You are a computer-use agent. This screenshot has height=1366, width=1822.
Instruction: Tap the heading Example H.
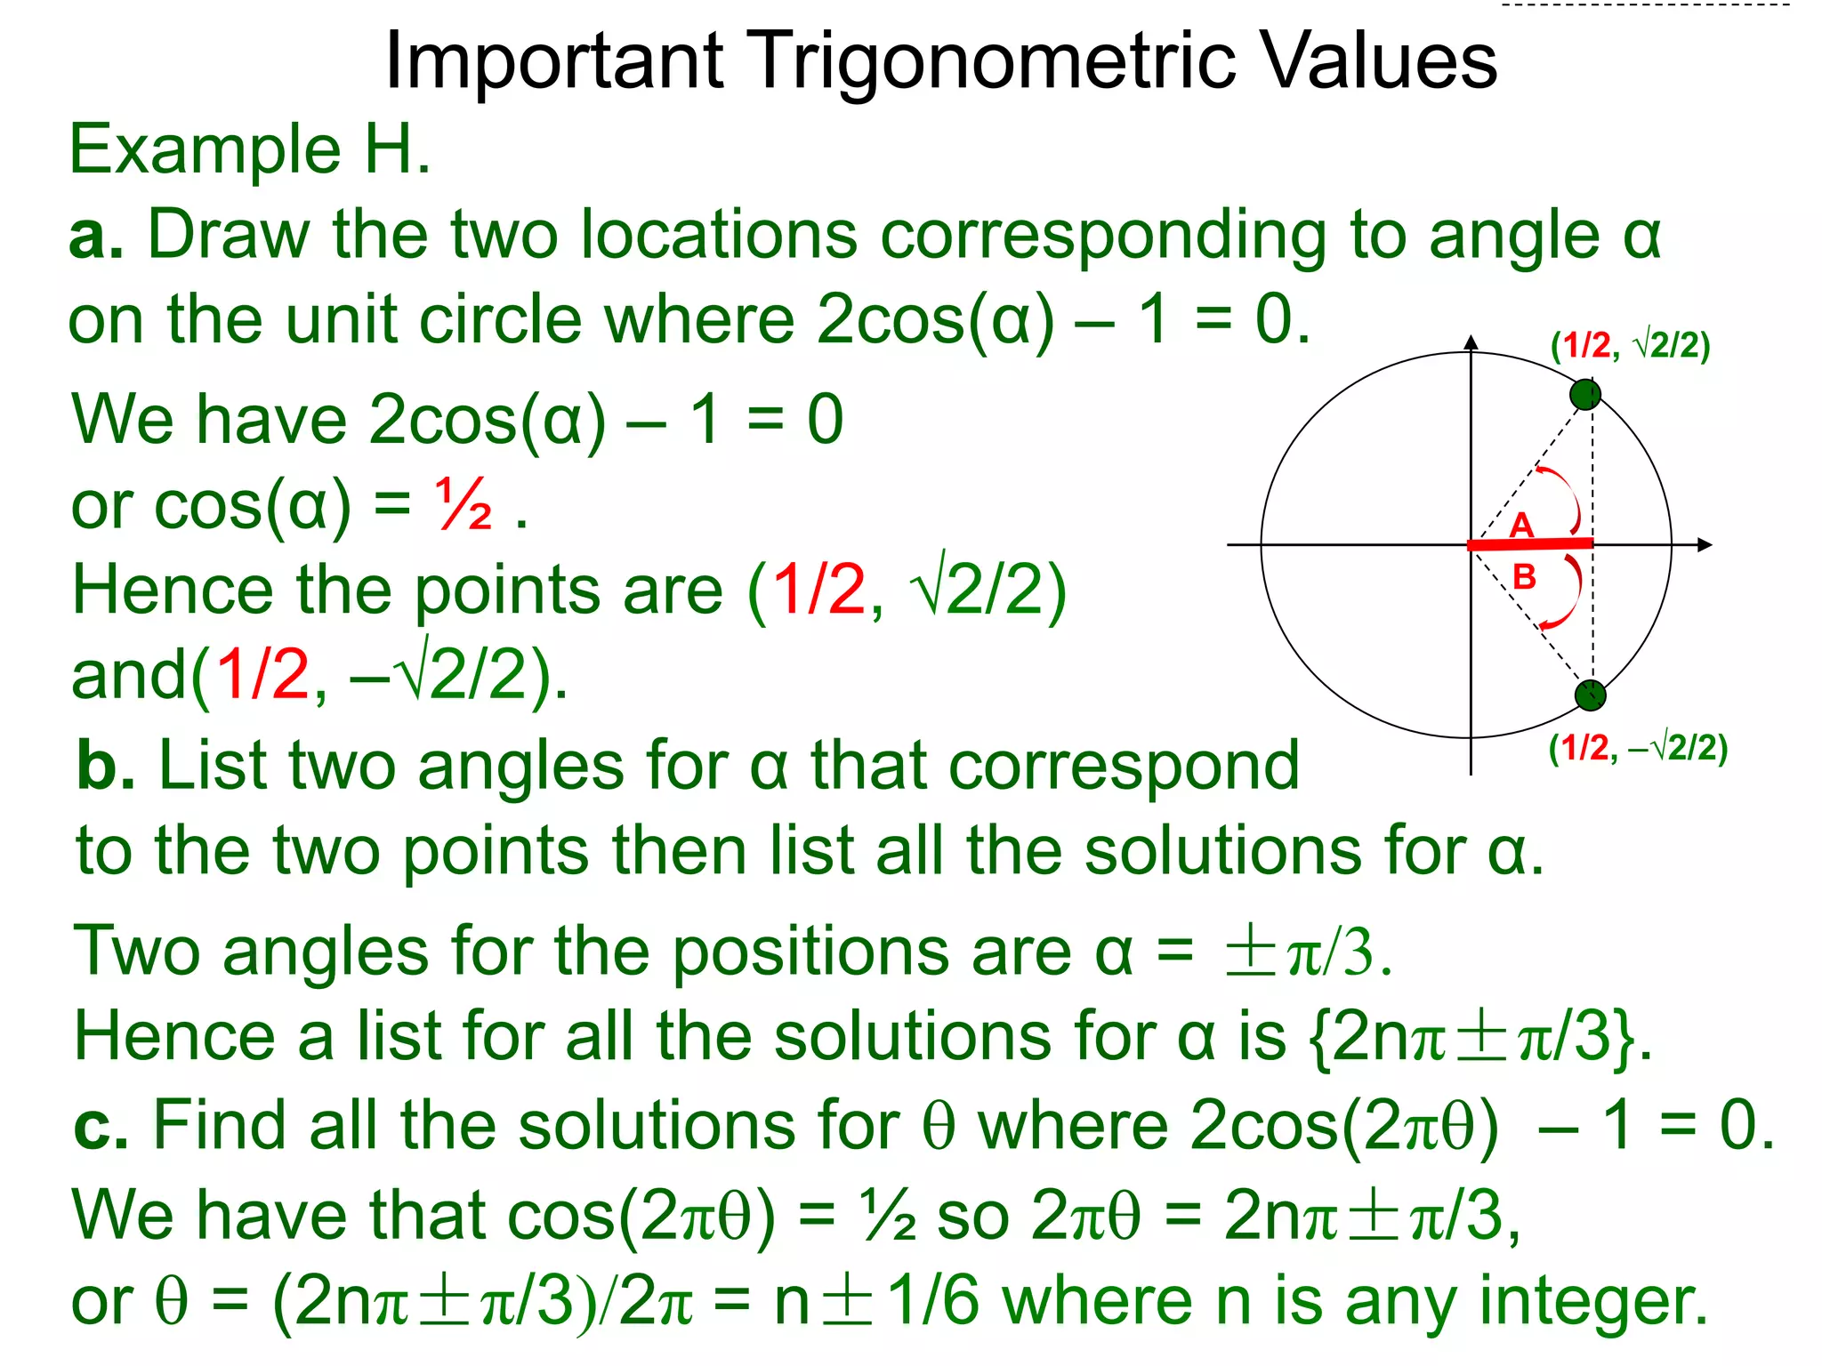(250, 149)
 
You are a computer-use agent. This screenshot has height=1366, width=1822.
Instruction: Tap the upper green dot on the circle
(1585, 394)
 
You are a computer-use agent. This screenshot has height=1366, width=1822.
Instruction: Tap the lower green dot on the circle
(1590, 695)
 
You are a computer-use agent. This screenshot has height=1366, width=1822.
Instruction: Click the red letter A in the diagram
(1522, 525)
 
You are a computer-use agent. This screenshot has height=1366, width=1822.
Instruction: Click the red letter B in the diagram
(1525, 577)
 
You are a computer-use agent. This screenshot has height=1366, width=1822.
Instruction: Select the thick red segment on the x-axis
(1530, 543)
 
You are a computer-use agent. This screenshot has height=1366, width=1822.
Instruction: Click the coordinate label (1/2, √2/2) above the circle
(1630, 345)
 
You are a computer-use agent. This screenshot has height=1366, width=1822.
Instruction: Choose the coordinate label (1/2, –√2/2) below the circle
(1638, 749)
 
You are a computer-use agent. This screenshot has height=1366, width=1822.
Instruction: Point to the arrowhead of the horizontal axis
(1705, 544)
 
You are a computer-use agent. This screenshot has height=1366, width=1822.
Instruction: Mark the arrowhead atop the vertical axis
(1471, 342)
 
